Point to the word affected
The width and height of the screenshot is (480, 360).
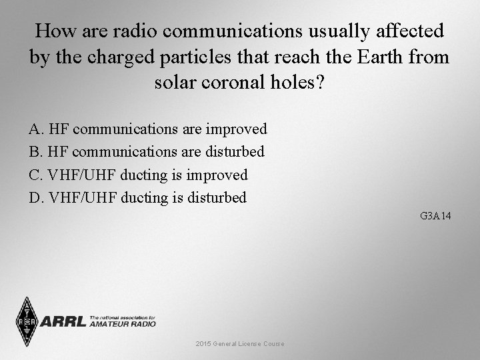click(x=410, y=31)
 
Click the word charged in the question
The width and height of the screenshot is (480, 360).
click(x=111, y=57)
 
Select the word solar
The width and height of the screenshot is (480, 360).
click(x=174, y=84)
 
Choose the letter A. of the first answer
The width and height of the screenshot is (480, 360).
click(x=36, y=129)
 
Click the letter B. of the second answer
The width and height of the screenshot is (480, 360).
click(x=36, y=152)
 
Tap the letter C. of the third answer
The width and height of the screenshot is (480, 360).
click(x=36, y=175)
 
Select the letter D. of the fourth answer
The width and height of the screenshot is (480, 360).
click(x=36, y=198)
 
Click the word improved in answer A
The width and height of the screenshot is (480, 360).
click(x=237, y=129)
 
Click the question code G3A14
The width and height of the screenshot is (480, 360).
click(x=436, y=217)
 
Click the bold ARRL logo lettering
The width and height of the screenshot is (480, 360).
click(x=63, y=322)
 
